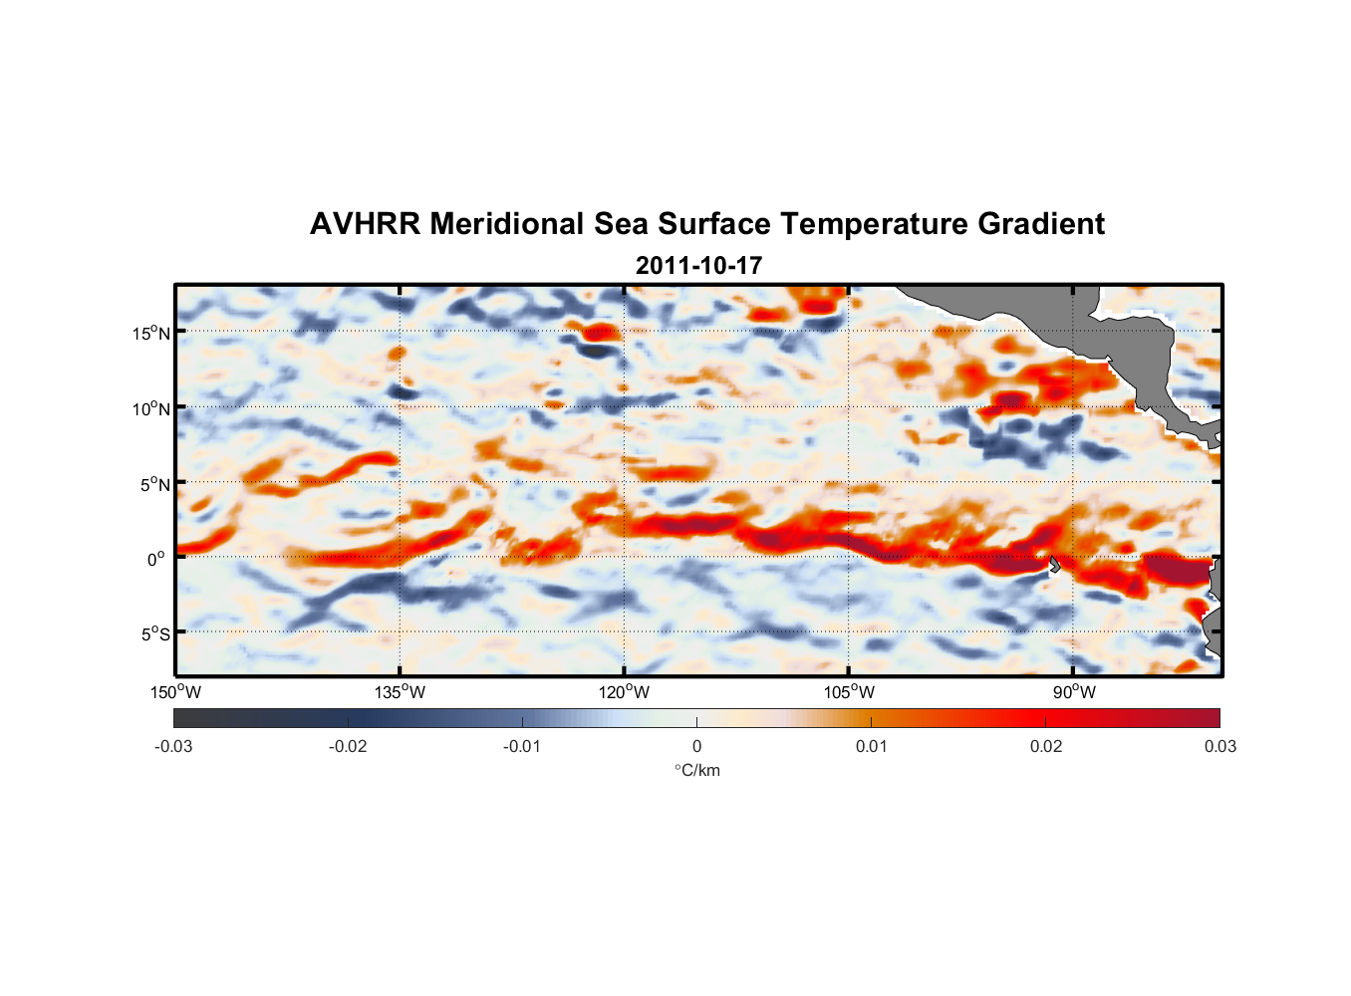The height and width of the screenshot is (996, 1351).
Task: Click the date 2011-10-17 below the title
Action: pyautogui.click(x=698, y=266)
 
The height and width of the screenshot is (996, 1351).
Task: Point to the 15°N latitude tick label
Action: pyautogui.click(x=151, y=333)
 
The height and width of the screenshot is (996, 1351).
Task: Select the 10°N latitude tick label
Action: pyautogui.click(x=151, y=408)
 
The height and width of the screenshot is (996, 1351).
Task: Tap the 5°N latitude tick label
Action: pyautogui.click(x=154, y=484)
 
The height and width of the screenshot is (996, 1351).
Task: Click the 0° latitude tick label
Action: pyautogui.click(x=156, y=559)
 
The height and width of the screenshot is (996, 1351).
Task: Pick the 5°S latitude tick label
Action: pyautogui.click(x=154, y=633)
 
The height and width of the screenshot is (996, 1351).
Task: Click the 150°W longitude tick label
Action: pyautogui.click(x=176, y=692)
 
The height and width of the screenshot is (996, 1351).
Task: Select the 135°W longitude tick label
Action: pyautogui.click(x=401, y=692)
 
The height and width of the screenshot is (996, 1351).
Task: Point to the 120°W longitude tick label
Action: pyautogui.click(x=625, y=692)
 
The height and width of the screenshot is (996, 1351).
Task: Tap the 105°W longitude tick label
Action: pyautogui.click(x=849, y=692)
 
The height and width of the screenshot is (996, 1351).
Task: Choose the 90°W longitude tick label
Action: pyautogui.click(x=1073, y=692)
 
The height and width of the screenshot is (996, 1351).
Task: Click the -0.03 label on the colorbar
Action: pyautogui.click(x=173, y=746)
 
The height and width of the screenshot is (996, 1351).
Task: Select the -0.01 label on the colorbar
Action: pyautogui.click(x=522, y=746)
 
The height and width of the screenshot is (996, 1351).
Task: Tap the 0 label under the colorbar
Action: pyautogui.click(x=696, y=746)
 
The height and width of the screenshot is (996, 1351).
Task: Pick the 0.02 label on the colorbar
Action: pyautogui.click(x=1046, y=746)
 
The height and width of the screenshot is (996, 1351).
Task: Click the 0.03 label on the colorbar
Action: pyautogui.click(x=1219, y=746)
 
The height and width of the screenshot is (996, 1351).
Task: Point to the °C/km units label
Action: pyautogui.click(x=696, y=770)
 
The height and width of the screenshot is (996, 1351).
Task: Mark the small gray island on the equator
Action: pyautogui.click(x=1055, y=564)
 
